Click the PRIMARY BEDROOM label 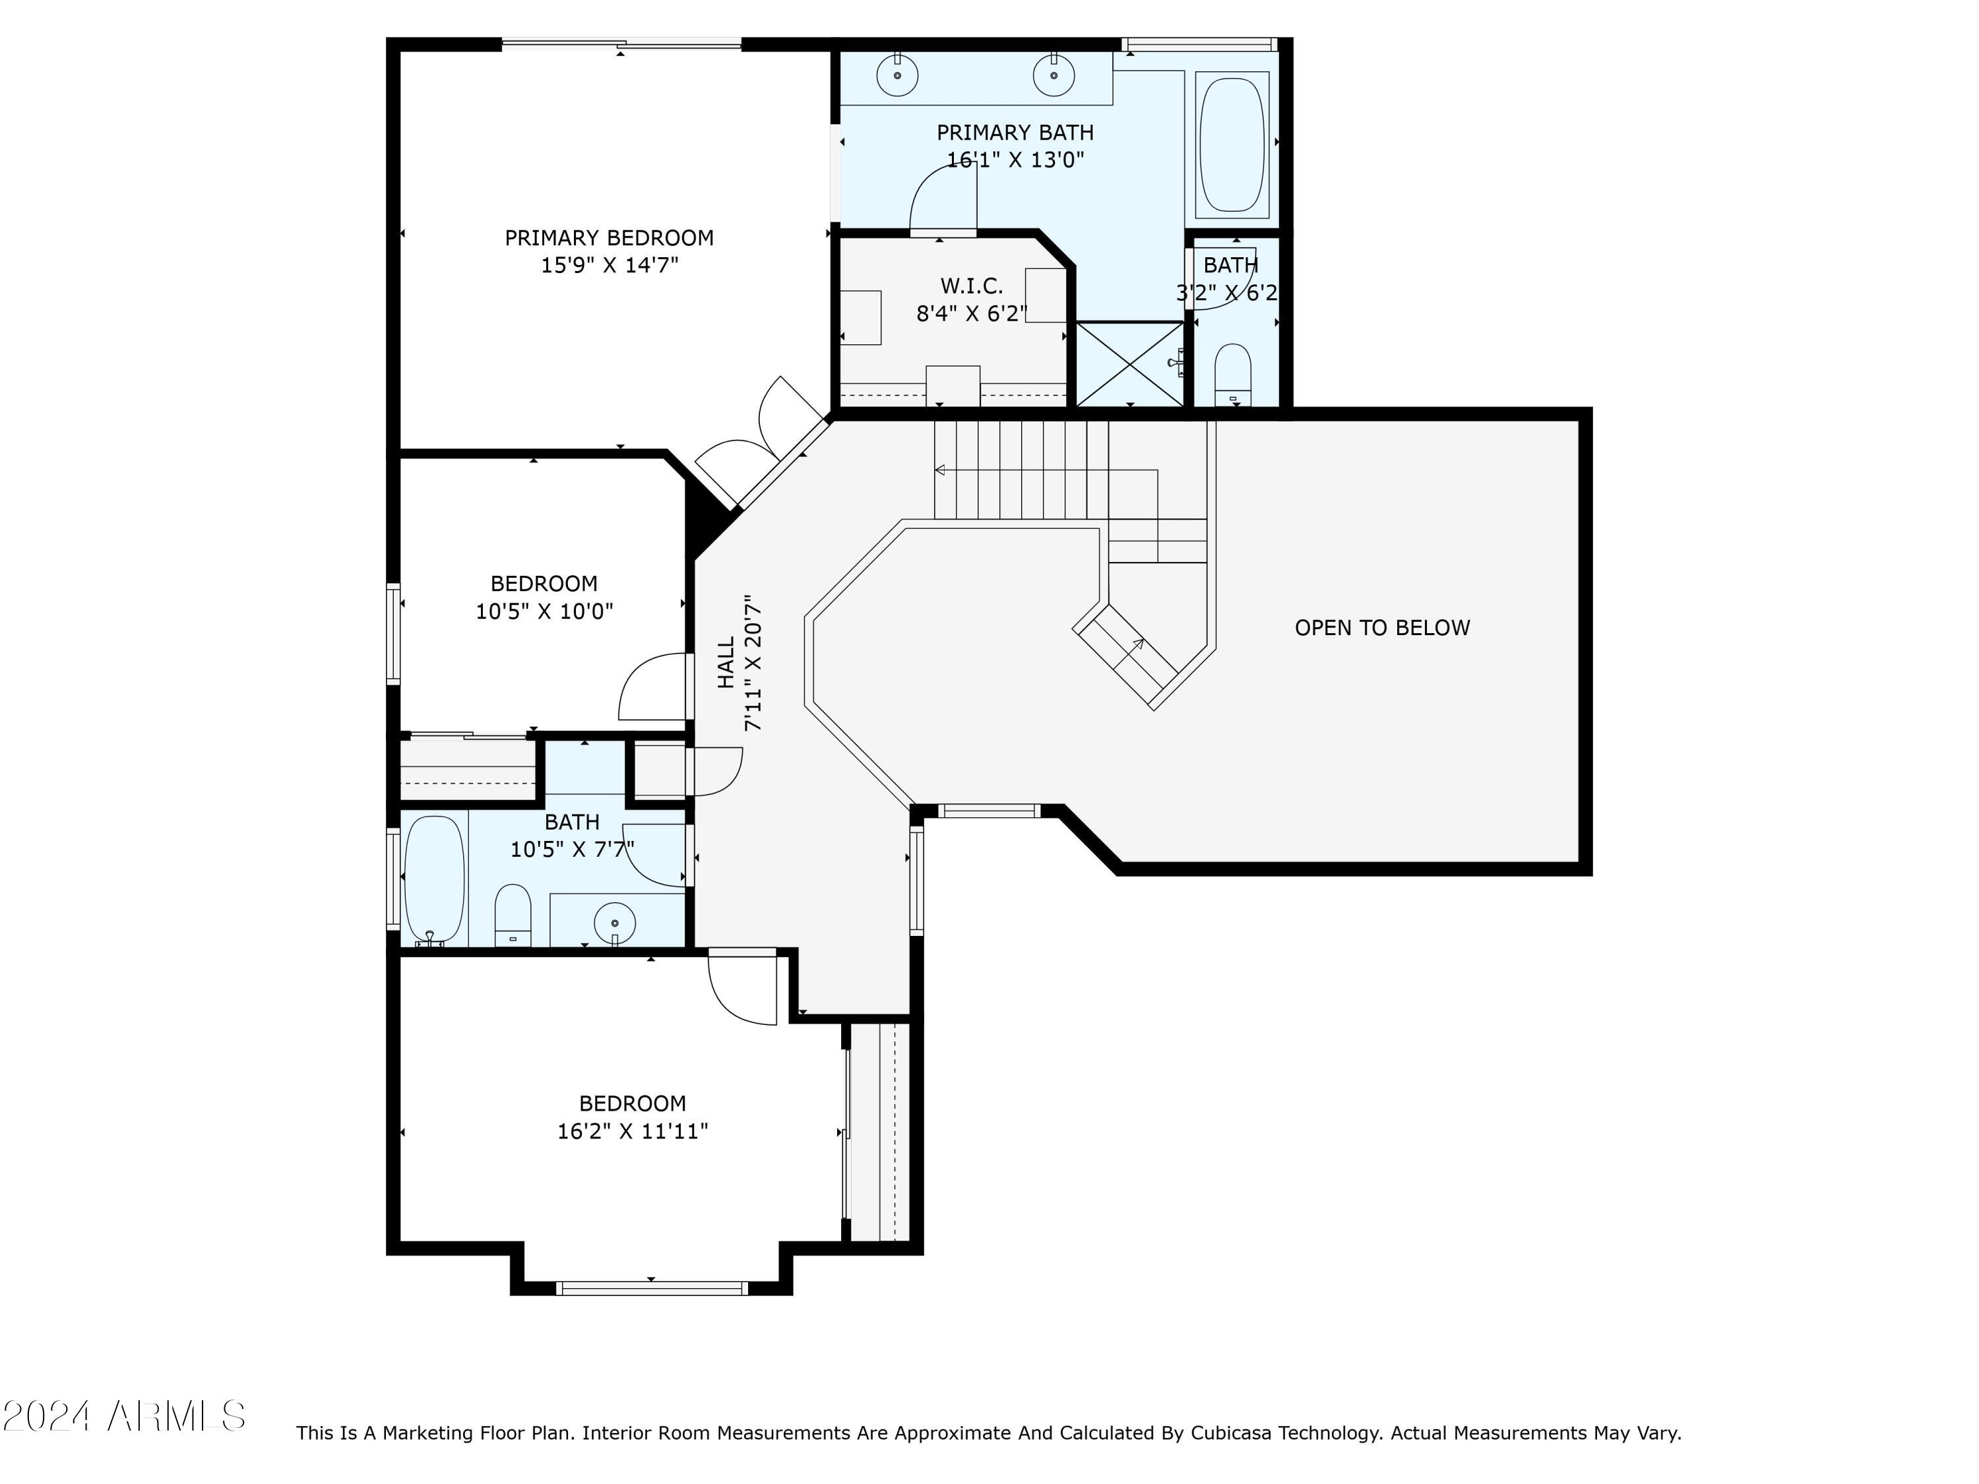tap(610, 238)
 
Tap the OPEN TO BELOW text tap(1382, 628)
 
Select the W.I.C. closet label tap(972, 286)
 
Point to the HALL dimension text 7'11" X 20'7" tap(753, 663)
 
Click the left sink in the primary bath tap(897, 75)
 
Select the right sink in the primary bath tap(1054, 75)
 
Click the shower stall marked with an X tap(1130, 365)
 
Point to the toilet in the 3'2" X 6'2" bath tap(1233, 375)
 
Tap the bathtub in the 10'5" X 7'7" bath tap(435, 879)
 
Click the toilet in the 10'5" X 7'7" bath tap(513, 915)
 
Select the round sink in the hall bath tap(615, 921)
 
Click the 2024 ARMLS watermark tap(125, 1416)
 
